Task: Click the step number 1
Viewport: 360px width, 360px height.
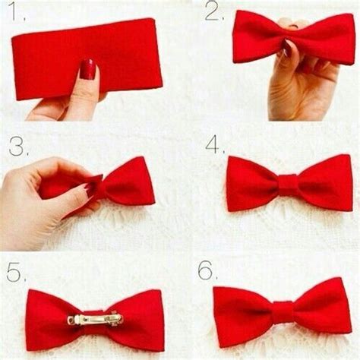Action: [x=16, y=14]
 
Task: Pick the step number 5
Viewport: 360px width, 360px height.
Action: [x=16, y=271]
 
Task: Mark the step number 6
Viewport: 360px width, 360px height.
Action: [x=207, y=270]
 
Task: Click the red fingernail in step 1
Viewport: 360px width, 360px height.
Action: [x=88, y=69]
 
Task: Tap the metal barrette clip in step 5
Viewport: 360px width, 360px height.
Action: [x=95, y=320]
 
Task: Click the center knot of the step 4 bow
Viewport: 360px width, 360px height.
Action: [x=287, y=184]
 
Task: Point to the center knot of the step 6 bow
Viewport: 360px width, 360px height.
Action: [x=282, y=311]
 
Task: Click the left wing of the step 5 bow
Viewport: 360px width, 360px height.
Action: [x=49, y=319]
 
